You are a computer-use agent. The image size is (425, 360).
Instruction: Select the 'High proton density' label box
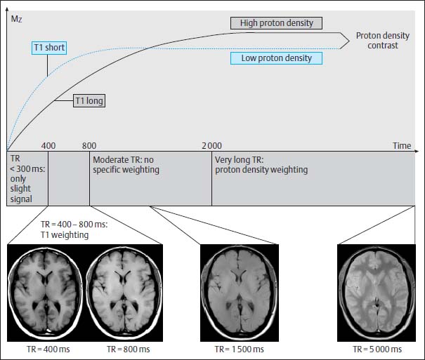276,23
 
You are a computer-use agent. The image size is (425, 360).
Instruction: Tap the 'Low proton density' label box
276,58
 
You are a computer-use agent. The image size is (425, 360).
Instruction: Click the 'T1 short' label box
48,48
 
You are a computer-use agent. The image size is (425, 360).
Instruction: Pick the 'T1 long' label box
90,101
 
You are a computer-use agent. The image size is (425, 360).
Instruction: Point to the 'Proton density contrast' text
377,41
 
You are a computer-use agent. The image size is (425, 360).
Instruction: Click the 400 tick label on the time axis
48,145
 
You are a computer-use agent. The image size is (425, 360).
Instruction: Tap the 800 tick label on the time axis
89,145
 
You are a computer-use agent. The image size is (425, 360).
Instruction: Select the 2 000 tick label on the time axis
211,145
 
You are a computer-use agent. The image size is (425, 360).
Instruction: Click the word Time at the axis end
402,145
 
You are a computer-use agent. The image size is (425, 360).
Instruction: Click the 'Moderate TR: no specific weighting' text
126,165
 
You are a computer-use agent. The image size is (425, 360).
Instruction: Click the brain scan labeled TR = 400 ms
46,288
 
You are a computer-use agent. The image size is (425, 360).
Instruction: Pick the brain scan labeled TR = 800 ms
124,288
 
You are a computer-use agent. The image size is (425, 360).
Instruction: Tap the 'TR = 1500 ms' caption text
239,349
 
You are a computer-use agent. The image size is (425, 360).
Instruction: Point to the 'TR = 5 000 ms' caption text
377,349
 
